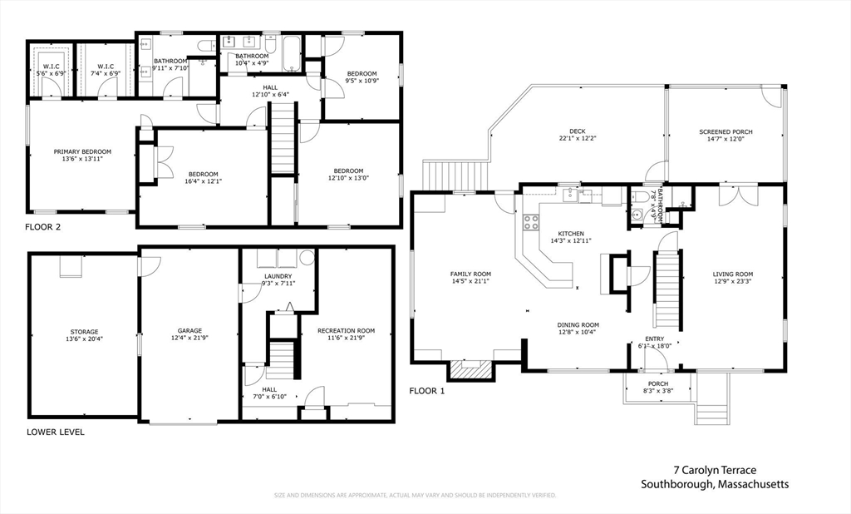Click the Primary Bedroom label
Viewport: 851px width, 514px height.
click(x=82, y=152)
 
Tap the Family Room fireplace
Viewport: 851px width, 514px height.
click(x=470, y=369)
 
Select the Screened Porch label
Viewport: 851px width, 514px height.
click(x=726, y=131)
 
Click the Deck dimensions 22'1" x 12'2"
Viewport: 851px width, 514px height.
click(x=578, y=138)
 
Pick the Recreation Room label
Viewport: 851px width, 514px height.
click(x=346, y=330)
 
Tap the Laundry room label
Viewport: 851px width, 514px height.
click(x=277, y=275)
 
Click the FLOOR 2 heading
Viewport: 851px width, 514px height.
click(x=42, y=226)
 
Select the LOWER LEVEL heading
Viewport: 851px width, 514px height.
click(x=56, y=432)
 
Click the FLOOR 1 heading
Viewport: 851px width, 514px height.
click(x=427, y=390)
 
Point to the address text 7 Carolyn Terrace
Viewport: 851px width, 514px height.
click(x=715, y=470)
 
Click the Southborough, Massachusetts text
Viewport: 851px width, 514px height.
click(x=715, y=485)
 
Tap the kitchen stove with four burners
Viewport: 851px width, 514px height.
click(x=529, y=222)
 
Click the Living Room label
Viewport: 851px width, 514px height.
click(x=732, y=274)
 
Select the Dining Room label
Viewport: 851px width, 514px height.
click(x=578, y=325)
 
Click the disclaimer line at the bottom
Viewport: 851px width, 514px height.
click(x=416, y=496)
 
